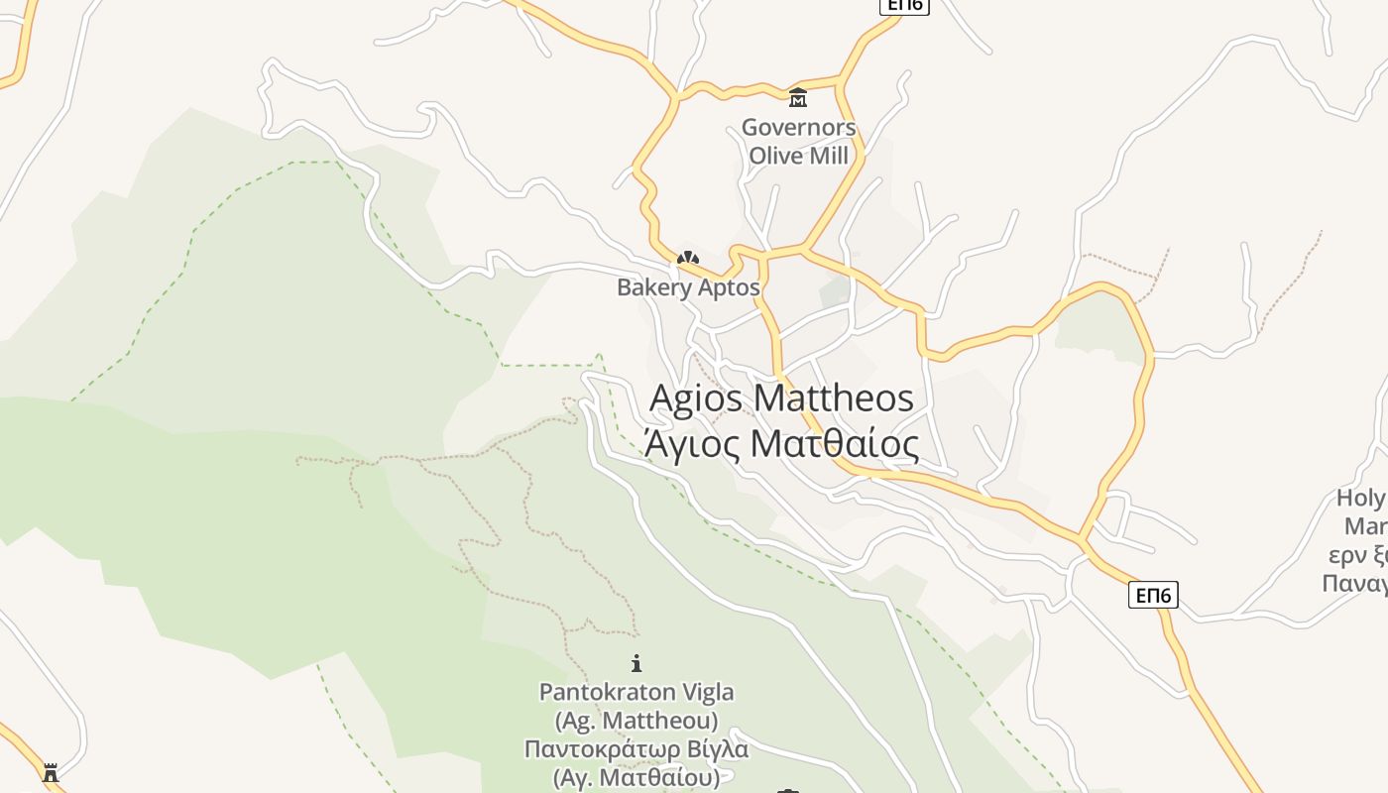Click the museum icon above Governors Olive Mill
(798, 97)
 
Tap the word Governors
(798, 128)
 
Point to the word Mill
(830, 156)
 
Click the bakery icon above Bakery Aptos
(687, 258)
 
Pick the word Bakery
(653, 287)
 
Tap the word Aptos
(728, 287)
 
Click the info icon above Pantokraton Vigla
(636, 663)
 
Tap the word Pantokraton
(608, 691)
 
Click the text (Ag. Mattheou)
(636, 719)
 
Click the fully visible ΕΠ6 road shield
(1153, 595)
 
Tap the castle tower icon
(52, 771)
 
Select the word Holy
(1360, 498)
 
